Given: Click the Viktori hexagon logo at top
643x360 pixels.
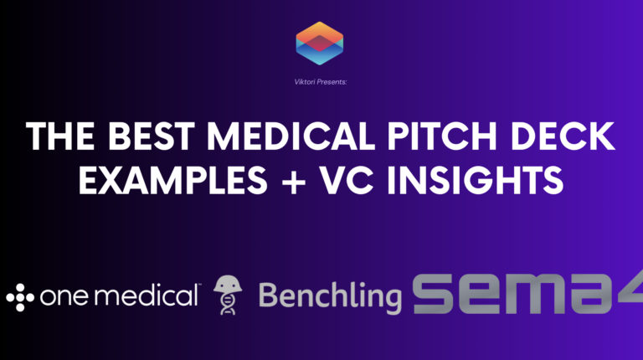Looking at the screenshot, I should click(320, 43).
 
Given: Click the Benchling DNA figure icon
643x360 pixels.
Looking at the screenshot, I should click(225, 295).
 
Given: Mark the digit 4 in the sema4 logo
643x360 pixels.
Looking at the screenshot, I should click(632, 294).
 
